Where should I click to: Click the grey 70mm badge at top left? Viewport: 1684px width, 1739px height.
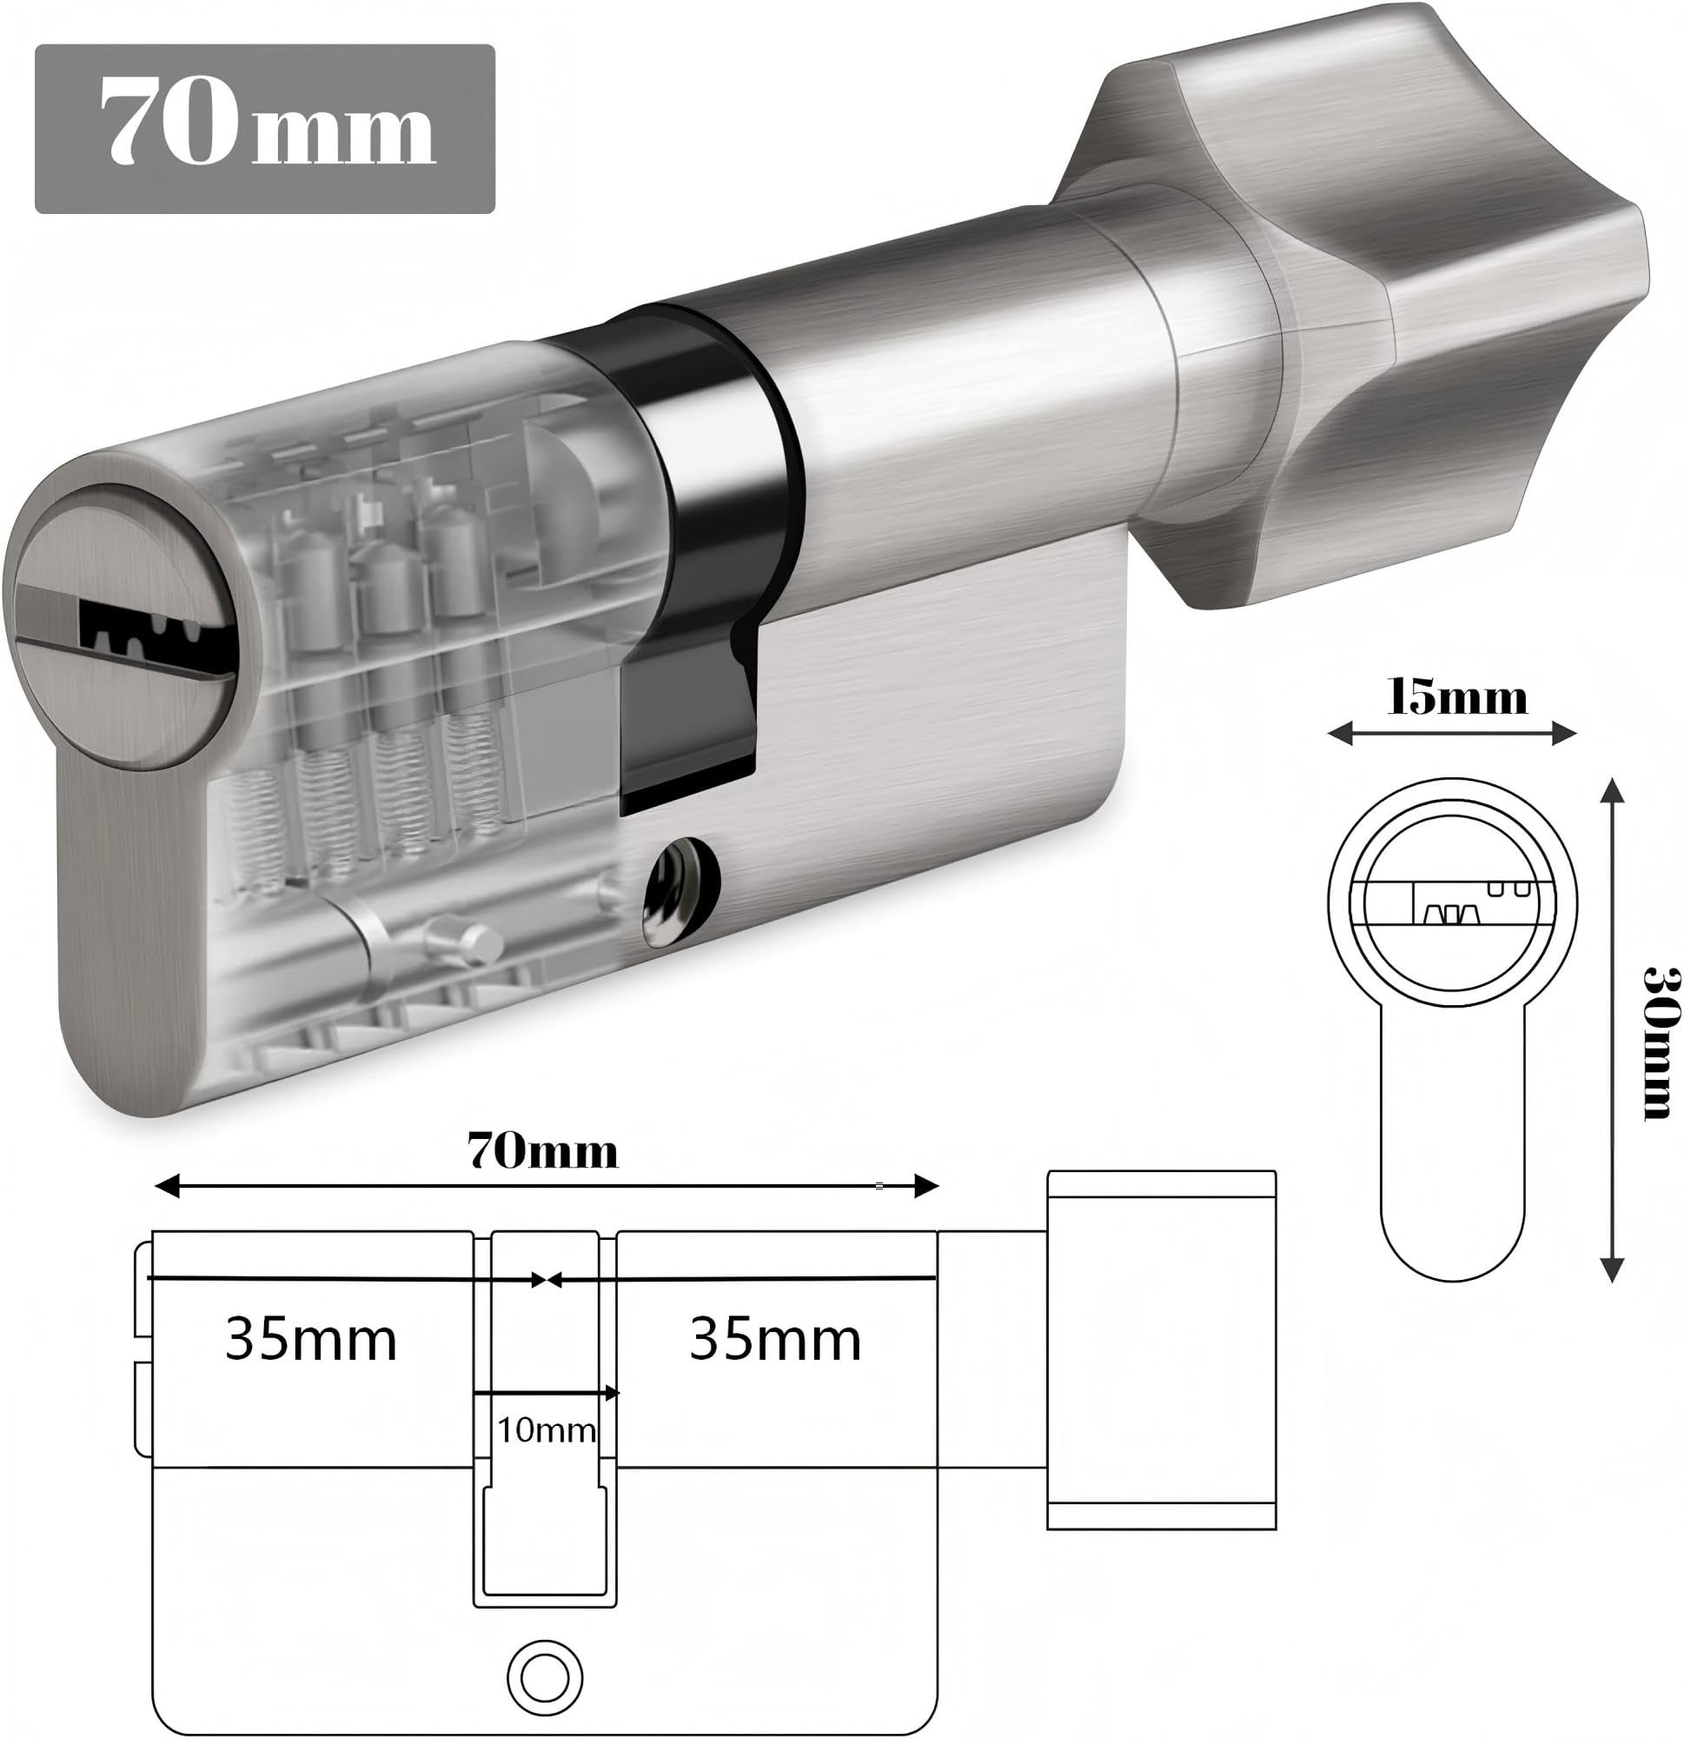point(264,129)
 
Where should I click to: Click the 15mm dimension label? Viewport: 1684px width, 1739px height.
point(1457,698)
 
